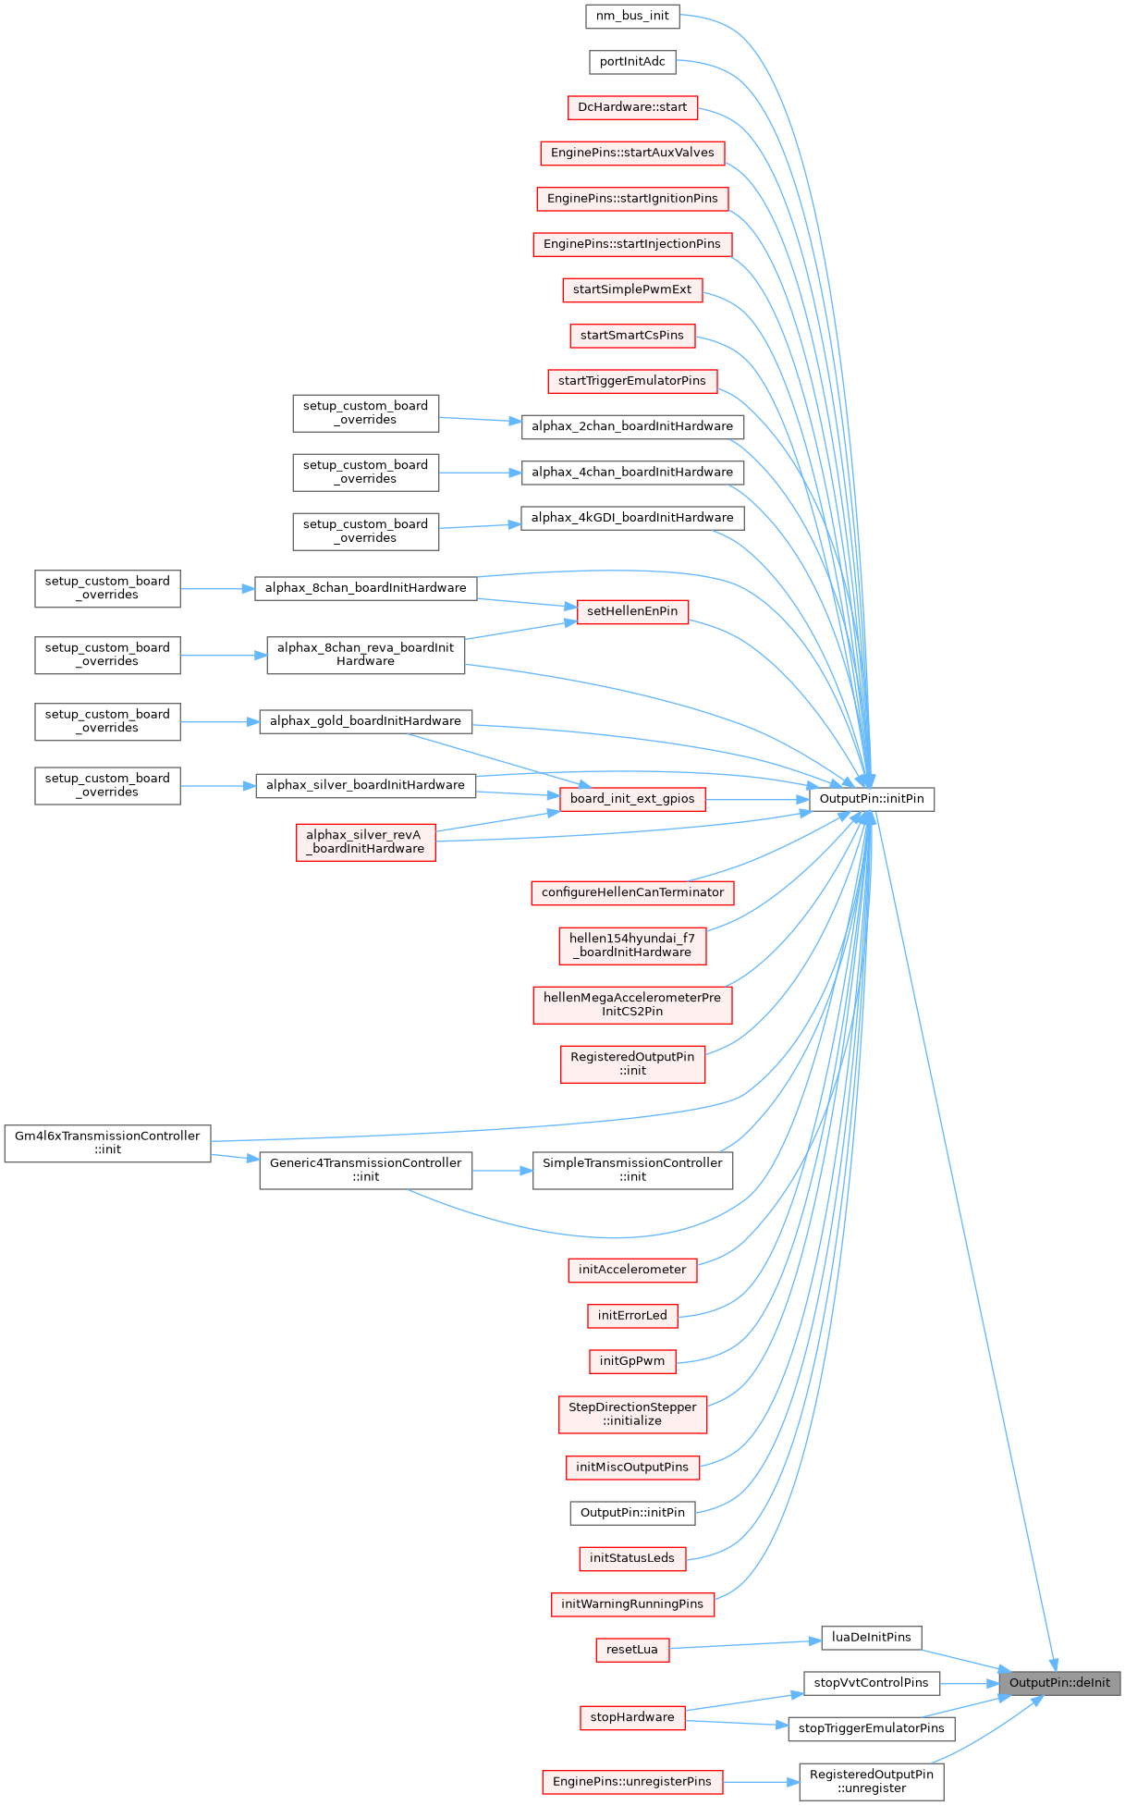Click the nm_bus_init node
coord(632,16)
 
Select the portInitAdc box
coord(632,62)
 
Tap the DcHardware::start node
coord(632,107)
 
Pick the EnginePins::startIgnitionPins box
coord(632,199)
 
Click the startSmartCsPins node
coord(632,336)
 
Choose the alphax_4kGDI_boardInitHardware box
coord(632,518)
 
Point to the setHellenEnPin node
coord(632,611)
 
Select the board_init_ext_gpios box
coord(632,799)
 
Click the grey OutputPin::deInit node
coord(1059,1683)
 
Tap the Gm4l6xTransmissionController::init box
coord(107,1143)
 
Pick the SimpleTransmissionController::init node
coord(632,1170)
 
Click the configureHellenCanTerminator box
coord(632,892)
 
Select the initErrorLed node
coord(632,1316)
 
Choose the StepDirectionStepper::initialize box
coord(632,1414)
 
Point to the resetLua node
coord(632,1650)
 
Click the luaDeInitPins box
coord(871,1638)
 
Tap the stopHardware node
coord(632,1718)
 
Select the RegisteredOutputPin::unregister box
coord(871,1781)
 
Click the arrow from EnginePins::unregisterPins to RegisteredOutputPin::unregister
coord(761,1782)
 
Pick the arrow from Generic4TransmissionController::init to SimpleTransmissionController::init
coord(502,1171)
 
